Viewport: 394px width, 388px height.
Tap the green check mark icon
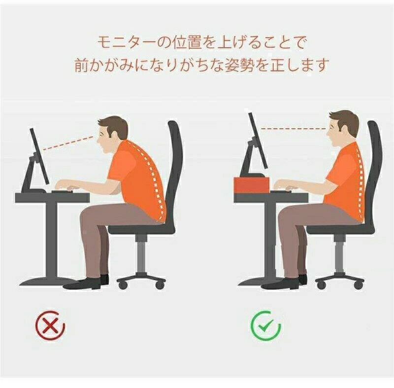pyautogui.click(x=265, y=326)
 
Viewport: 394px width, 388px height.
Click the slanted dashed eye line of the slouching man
pyautogui.click(x=68, y=143)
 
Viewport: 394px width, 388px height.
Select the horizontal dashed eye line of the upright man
pyautogui.click(x=294, y=129)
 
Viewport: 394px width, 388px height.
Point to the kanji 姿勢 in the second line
pyautogui.click(x=238, y=65)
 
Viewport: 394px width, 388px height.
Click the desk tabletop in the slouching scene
pyautogui.click(x=52, y=197)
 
